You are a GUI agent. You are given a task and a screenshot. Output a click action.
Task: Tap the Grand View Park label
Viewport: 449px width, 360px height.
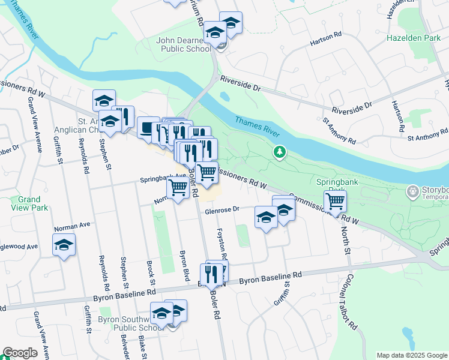[29, 203]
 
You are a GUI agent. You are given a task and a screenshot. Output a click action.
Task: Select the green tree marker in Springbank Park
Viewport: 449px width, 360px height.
[279, 152]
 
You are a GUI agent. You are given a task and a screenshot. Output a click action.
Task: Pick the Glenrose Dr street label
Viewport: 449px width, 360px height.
[222, 210]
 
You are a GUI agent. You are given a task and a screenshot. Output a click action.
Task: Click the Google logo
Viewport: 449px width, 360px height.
[20, 353]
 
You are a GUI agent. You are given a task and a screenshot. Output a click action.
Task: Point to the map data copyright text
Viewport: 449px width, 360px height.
[411, 355]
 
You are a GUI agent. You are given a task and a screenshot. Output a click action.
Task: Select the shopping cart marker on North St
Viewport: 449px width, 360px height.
[335, 200]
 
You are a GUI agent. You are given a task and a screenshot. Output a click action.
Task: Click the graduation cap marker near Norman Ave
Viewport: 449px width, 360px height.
[64, 244]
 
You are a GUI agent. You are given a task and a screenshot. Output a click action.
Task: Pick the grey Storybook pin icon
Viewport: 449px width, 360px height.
[412, 192]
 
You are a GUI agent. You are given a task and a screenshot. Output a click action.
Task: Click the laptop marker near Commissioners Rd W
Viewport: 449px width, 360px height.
[148, 127]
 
